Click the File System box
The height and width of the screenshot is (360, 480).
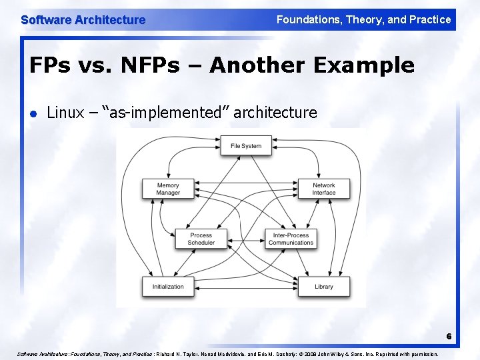click(x=246, y=146)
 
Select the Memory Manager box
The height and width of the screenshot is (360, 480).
click(x=168, y=189)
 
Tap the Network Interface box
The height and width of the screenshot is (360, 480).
click(x=324, y=189)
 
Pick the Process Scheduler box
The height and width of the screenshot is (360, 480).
click(x=201, y=239)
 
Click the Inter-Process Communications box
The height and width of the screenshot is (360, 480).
click(x=291, y=239)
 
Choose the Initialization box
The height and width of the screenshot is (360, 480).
click(x=168, y=287)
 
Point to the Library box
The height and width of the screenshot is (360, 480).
click(x=324, y=287)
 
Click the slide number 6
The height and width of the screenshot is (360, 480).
click(x=449, y=337)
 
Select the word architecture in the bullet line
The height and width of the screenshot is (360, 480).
click(x=276, y=113)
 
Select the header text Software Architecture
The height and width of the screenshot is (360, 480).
click(x=83, y=20)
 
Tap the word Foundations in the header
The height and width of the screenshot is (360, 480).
click(x=307, y=20)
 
